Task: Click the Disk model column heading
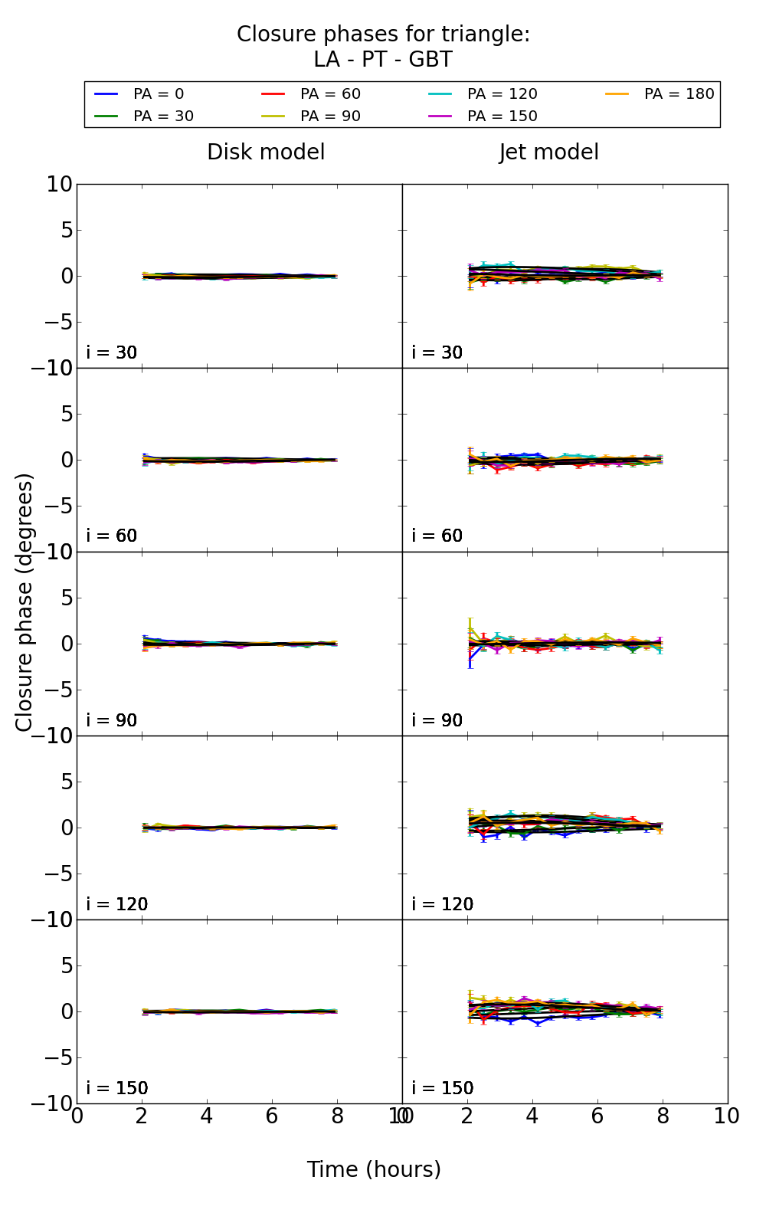click(x=266, y=152)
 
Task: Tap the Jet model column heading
click(x=548, y=152)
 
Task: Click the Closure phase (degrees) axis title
click(x=25, y=602)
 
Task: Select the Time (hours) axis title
click(x=374, y=1169)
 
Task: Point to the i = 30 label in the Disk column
click(x=112, y=352)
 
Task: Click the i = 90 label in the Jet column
click(x=437, y=720)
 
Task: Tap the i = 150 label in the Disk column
click(x=117, y=1088)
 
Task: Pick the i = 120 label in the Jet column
click(x=443, y=904)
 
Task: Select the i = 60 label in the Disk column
click(x=112, y=536)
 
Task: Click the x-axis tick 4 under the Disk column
click(x=207, y=1116)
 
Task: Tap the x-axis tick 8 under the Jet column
click(x=663, y=1116)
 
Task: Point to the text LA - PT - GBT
click(x=383, y=60)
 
